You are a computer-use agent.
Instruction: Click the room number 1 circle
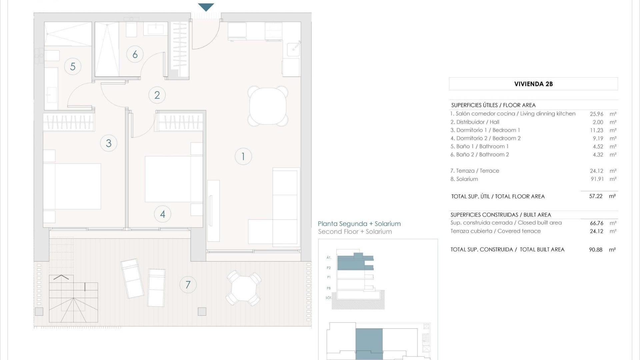click(243, 156)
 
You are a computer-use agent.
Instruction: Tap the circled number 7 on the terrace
click(188, 285)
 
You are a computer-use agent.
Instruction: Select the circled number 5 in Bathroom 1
click(73, 66)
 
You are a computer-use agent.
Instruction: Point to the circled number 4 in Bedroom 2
click(163, 214)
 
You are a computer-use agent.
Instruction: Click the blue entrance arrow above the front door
click(206, 7)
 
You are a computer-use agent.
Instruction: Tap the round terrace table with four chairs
click(244, 288)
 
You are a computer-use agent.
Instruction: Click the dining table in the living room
click(268, 106)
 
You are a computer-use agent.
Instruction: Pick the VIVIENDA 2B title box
click(533, 84)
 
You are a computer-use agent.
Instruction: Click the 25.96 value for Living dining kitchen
click(596, 114)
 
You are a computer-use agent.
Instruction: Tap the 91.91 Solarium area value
click(597, 179)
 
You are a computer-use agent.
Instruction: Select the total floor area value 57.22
click(596, 196)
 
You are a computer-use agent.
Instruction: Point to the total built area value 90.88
click(596, 250)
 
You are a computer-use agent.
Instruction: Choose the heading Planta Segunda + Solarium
click(359, 224)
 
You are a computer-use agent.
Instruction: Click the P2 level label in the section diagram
click(329, 268)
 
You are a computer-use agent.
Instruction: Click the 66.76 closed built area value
click(596, 223)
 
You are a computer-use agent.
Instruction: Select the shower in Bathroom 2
click(107, 49)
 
